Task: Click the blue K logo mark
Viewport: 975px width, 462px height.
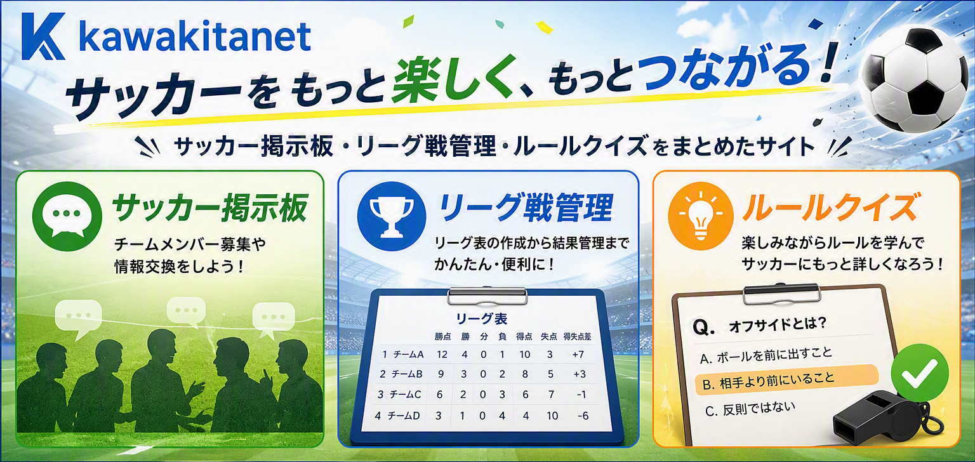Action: pyautogui.click(x=43, y=36)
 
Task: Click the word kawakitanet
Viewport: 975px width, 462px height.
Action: pyautogui.click(x=196, y=37)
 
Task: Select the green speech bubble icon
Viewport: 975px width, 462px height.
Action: pyautogui.click(x=67, y=216)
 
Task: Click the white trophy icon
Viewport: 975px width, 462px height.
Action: pyautogui.click(x=392, y=216)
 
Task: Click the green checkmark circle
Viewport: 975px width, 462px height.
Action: pyautogui.click(x=920, y=373)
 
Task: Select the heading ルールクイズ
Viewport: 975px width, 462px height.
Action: pyautogui.click(x=832, y=208)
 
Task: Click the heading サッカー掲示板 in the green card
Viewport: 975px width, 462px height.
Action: pyautogui.click(x=210, y=208)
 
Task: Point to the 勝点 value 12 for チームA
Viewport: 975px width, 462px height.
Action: pyautogui.click(x=442, y=355)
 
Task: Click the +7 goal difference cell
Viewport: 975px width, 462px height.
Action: pyautogui.click(x=578, y=355)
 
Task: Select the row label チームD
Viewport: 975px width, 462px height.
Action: pyautogui.click(x=404, y=416)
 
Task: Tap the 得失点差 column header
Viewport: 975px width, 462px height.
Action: pyautogui.click(x=577, y=336)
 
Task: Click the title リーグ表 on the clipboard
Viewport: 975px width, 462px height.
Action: pyautogui.click(x=481, y=319)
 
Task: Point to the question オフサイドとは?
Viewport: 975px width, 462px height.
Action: pyautogui.click(x=759, y=325)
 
